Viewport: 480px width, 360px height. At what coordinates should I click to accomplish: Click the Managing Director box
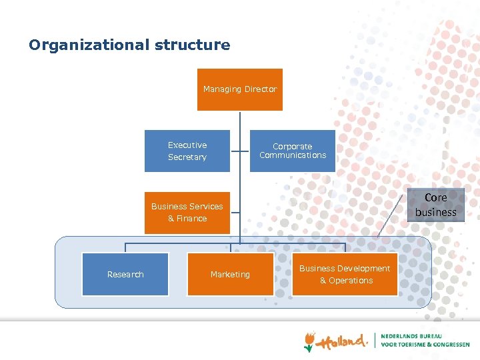(240, 89)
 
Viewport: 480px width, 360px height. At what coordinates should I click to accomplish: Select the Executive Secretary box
(187, 151)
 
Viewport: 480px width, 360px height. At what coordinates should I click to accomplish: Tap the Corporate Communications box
(293, 151)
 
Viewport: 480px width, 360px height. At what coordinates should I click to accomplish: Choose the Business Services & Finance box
(187, 212)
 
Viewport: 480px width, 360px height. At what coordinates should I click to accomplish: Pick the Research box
(125, 274)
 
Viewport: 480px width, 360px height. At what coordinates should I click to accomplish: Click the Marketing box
(230, 274)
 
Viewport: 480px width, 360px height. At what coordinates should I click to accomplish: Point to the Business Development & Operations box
(345, 274)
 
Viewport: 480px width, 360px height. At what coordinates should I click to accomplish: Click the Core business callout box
(435, 205)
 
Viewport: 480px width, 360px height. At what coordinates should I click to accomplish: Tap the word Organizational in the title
(89, 45)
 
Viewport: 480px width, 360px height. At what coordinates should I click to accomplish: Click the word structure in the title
(193, 45)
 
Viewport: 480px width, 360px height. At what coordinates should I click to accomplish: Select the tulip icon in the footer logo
(309, 341)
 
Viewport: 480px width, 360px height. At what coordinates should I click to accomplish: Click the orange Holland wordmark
(342, 341)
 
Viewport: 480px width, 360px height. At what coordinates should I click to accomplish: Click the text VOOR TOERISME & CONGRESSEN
(425, 345)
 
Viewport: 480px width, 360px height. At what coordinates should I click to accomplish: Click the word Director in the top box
(261, 89)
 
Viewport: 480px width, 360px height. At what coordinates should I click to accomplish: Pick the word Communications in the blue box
(293, 155)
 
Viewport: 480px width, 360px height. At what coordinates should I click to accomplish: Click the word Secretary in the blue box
(187, 157)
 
